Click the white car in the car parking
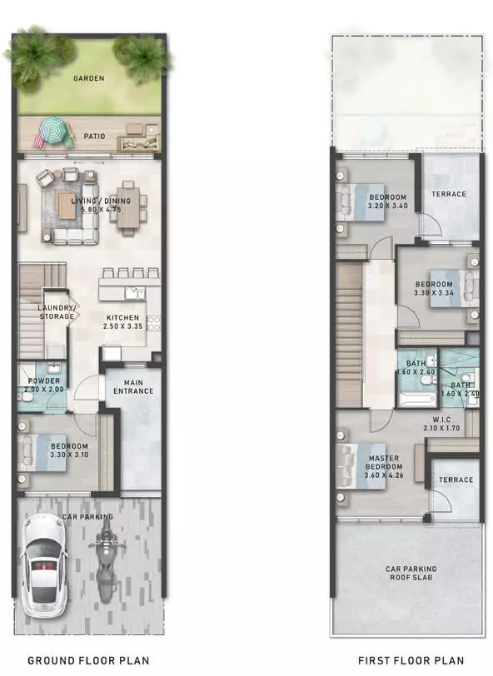click(44, 564)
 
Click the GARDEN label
click(89, 78)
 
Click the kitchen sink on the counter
click(134, 294)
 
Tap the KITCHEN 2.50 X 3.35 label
click(123, 321)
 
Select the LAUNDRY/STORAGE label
click(57, 311)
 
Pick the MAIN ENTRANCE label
click(133, 387)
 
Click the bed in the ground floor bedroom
click(42, 453)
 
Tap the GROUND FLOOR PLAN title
click(88, 660)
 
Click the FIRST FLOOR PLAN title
click(411, 660)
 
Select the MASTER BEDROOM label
click(384, 466)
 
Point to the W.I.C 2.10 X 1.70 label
click(441, 424)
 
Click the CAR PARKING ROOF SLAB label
click(411, 573)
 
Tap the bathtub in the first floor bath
click(416, 400)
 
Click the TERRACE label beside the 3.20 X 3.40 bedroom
click(449, 194)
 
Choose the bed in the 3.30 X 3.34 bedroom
click(454, 288)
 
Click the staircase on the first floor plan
click(349, 335)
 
